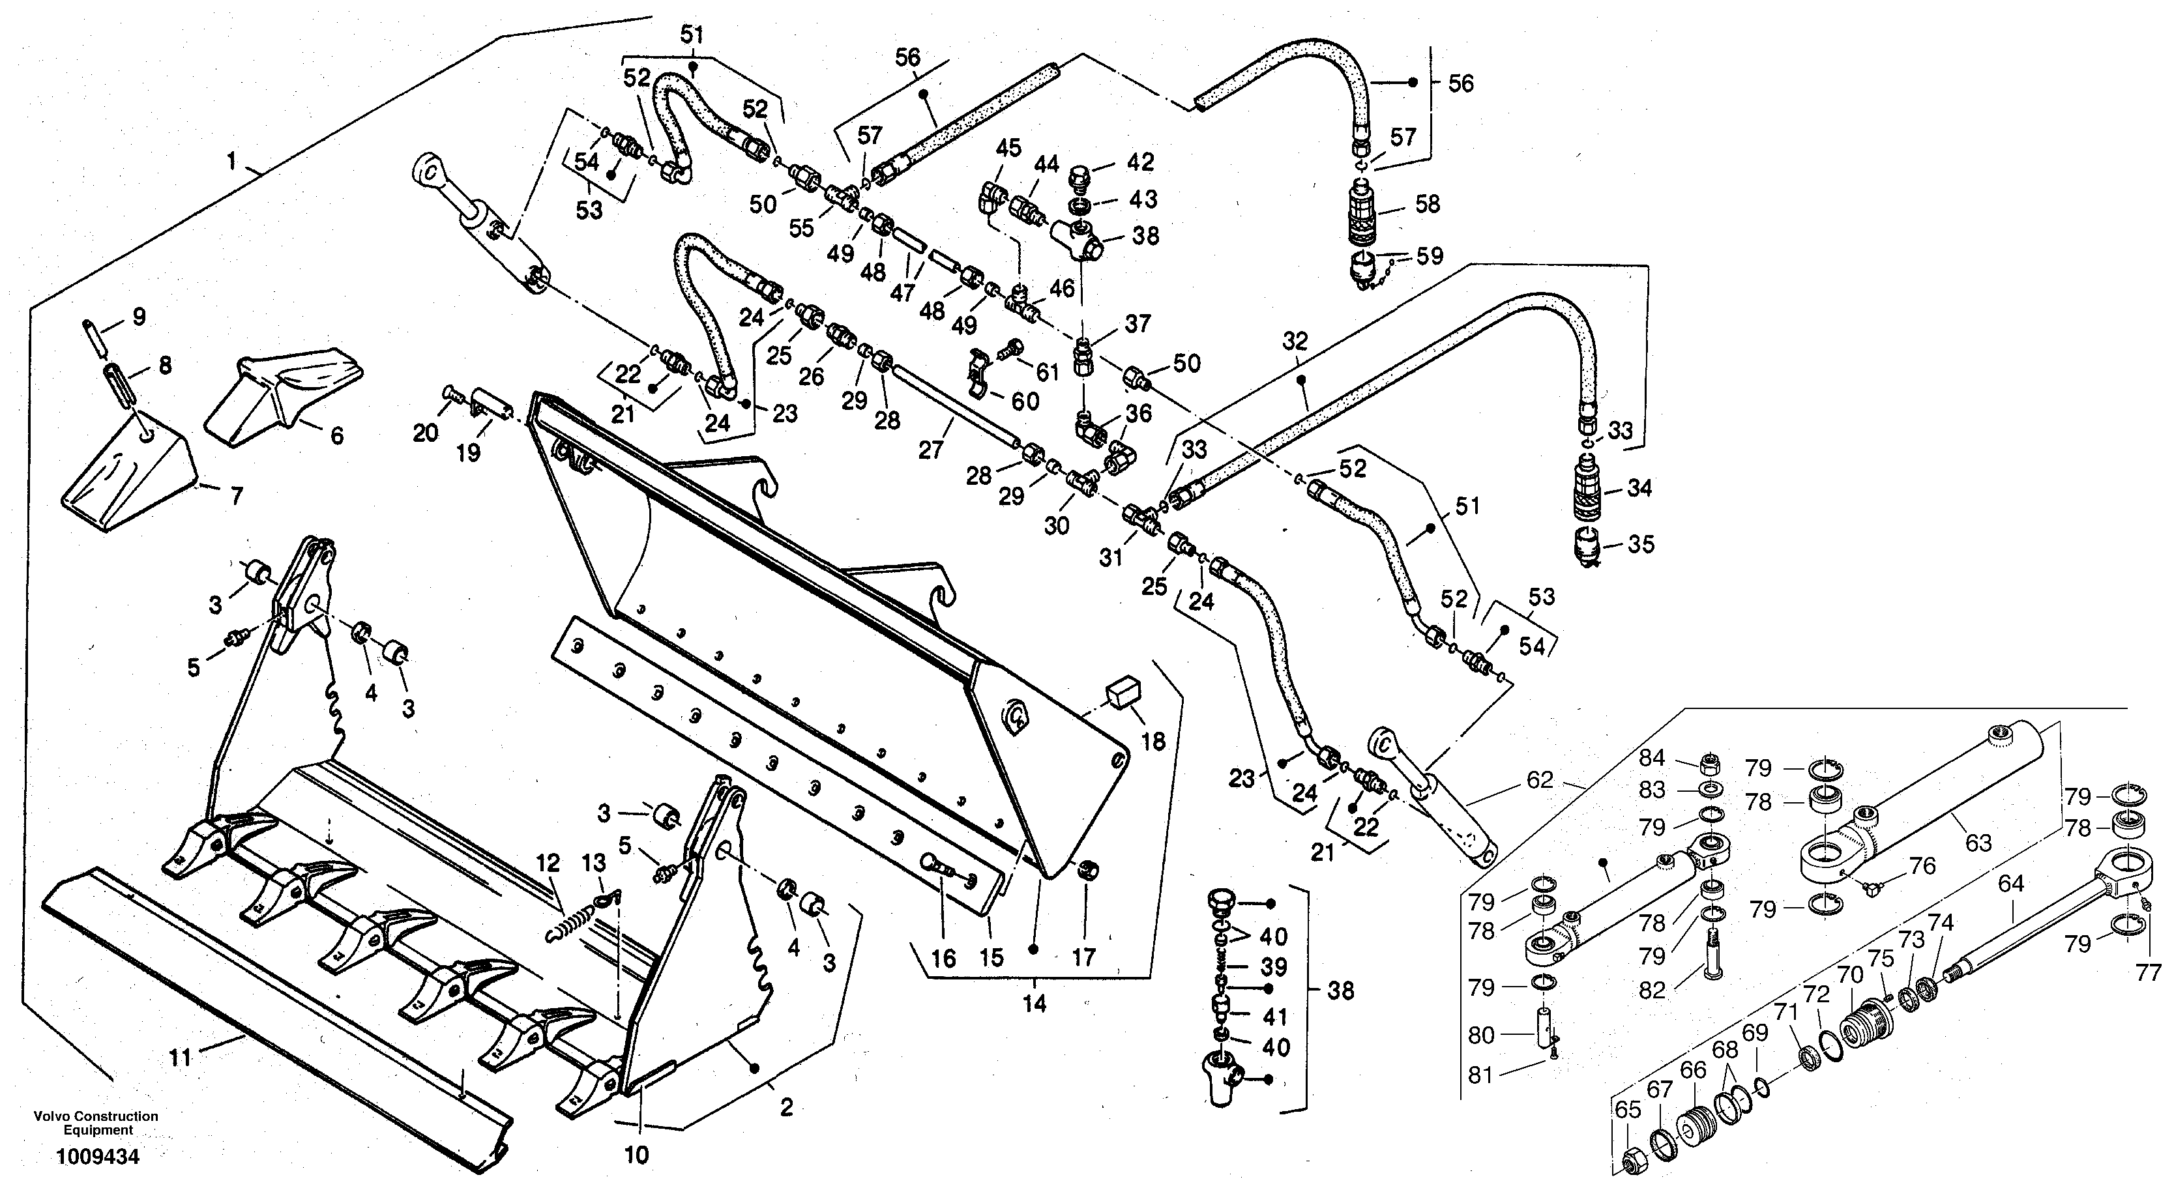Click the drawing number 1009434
[x=98, y=1157]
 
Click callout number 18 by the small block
[x=1153, y=741]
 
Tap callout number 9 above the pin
[x=138, y=317]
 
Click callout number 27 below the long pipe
[x=930, y=449]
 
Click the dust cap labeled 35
[x=1587, y=544]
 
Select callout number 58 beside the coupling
[x=1427, y=203]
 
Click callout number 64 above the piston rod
[x=2010, y=884]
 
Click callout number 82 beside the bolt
[x=1652, y=990]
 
